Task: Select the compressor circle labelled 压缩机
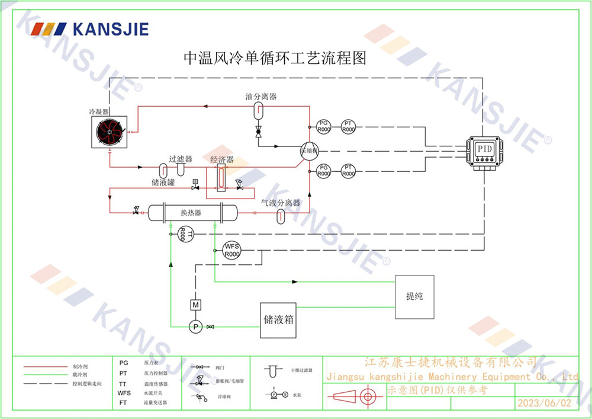pos(308,150)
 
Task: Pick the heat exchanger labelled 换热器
pos(191,212)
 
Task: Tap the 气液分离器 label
pos(281,203)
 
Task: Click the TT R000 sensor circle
pos(182,235)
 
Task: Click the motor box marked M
pos(195,305)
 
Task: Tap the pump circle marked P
pos(195,326)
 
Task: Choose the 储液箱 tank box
pos(278,320)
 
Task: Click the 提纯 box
pos(414,296)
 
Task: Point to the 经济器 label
pos(222,160)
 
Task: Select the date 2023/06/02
pos(545,403)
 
